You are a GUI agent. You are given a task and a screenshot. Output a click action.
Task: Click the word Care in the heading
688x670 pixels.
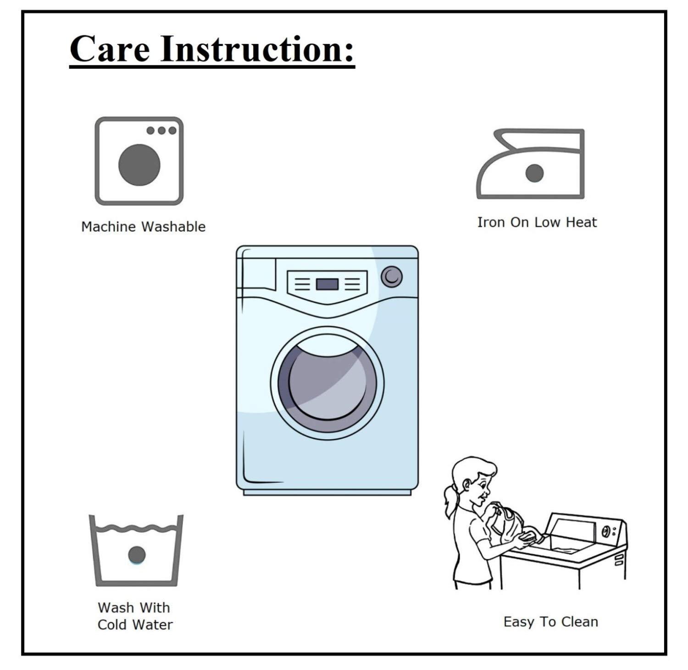click(110, 49)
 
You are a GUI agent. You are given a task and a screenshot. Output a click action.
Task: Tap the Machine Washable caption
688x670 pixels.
click(144, 227)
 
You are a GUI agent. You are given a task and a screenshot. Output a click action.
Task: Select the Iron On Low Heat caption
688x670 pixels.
click(537, 222)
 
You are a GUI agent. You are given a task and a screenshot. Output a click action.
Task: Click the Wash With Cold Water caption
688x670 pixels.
click(135, 616)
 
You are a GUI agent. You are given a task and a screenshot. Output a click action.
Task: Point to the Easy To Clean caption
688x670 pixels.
click(551, 622)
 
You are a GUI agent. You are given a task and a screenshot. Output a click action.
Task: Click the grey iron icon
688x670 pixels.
click(531, 164)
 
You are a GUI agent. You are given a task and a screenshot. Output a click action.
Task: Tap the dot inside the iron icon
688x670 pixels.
click(534, 173)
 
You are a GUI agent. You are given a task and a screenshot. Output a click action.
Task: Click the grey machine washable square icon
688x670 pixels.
click(139, 161)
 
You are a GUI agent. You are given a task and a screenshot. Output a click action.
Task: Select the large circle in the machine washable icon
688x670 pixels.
click(139, 165)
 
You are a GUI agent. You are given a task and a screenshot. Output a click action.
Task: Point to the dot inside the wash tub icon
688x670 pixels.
click(137, 555)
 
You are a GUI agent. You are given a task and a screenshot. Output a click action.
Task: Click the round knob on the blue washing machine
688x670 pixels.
click(392, 277)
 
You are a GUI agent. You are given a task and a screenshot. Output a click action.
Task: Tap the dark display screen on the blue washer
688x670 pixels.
click(327, 285)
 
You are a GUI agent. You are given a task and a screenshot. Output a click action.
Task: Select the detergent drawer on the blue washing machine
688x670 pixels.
click(257, 274)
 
